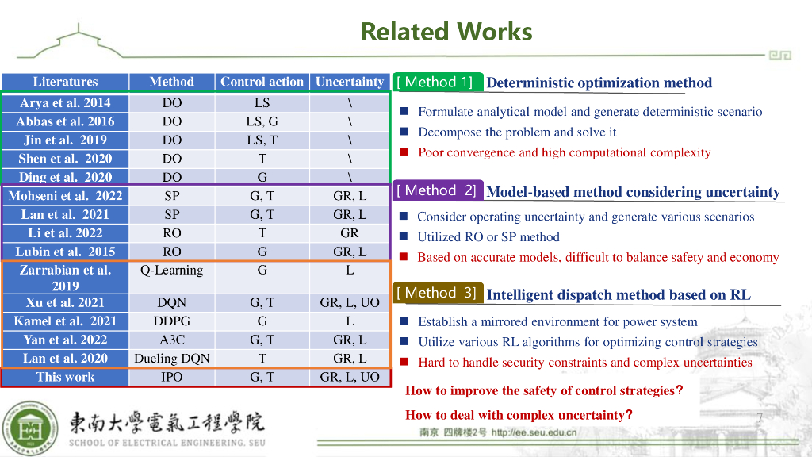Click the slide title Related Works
tap(446, 32)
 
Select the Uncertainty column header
tap(349, 82)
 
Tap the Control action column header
tap(262, 82)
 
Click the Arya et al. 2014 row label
tap(65, 102)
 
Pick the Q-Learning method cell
tap(171, 270)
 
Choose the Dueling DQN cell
tap(171, 358)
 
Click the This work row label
tap(65, 377)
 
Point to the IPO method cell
tap(171, 377)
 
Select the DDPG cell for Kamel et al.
tap(171, 321)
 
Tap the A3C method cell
tap(171, 340)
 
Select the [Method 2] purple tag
tap(437, 190)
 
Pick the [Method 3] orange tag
tap(437, 293)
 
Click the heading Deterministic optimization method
tap(599, 83)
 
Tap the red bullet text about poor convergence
tap(564, 152)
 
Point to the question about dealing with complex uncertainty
tap(519, 415)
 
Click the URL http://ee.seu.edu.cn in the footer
tap(534, 432)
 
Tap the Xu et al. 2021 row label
tap(65, 302)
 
